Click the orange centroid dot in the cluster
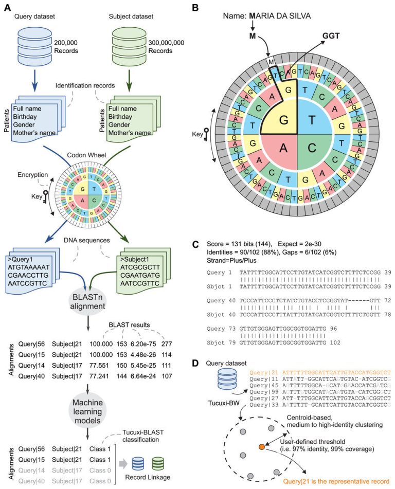click(x=262, y=445)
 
